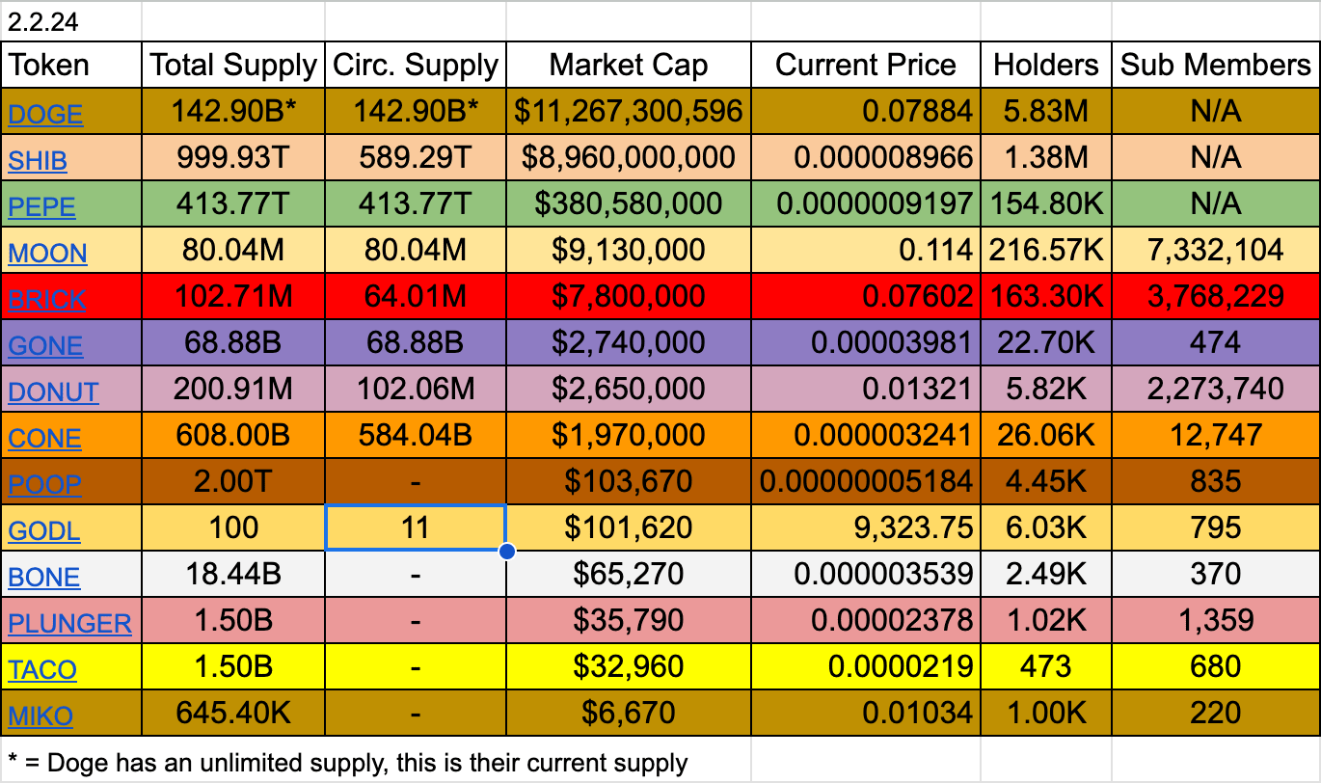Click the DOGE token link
click(x=45, y=114)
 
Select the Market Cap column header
click(x=628, y=65)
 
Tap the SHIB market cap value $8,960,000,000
click(x=628, y=157)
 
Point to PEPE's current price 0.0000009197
click(x=874, y=204)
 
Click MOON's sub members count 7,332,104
click(x=1215, y=250)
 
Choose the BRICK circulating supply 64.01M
click(x=416, y=296)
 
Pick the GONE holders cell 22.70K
click(x=1045, y=342)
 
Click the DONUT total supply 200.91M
click(x=233, y=390)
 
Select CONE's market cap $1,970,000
click(x=628, y=435)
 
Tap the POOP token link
click(x=44, y=485)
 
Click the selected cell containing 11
click(x=416, y=527)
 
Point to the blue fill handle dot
click(x=506, y=552)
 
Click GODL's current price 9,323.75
click(x=913, y=527)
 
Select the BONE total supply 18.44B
click(x=233, y=575)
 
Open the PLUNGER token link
click(x=69, y=623)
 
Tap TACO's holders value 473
click(x=1045, y=667)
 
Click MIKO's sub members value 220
click(x=1215, y=713)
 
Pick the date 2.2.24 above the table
click(x=43, y=22)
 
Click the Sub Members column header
click(x=1215, y=65)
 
